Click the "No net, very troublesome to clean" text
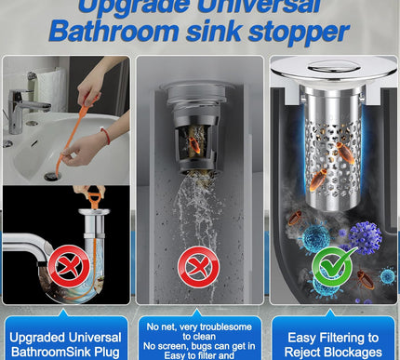(198, 331)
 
